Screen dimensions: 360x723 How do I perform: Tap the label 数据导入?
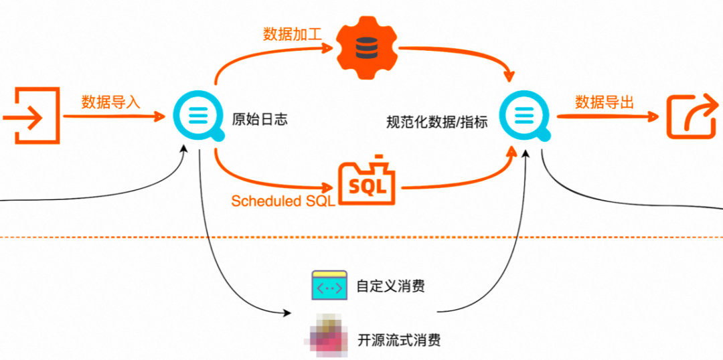(110, 102)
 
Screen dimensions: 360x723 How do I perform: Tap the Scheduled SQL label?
(283, 201)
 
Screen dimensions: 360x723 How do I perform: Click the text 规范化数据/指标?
(437, 122)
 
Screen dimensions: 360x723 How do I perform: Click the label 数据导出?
(605, 102)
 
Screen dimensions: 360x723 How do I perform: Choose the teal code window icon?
(329, 286)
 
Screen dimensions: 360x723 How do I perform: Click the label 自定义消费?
(391, 286)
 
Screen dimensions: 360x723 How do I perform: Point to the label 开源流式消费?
(400, 339)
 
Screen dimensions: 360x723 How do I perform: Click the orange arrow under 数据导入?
(114, 117)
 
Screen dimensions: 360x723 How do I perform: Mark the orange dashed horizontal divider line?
(361, 238)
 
